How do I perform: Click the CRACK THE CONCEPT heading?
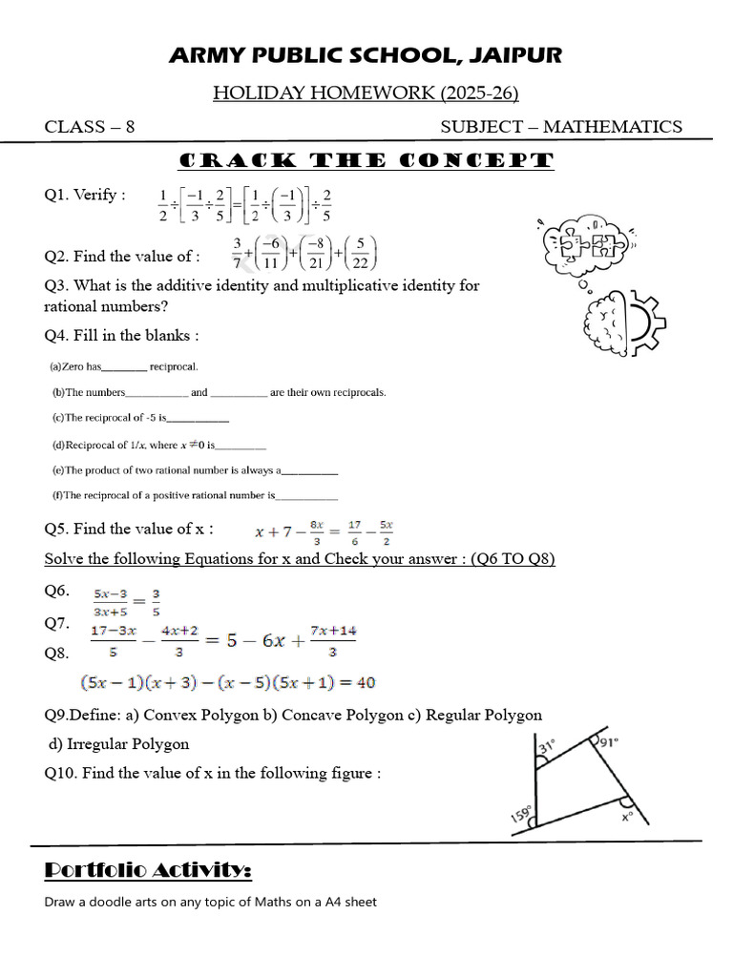point(366,160)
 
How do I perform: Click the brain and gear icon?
point(616,324)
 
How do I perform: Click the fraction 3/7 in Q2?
point(239,254)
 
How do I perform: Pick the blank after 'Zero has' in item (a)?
point(124,366)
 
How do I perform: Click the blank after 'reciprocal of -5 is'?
point(199,418)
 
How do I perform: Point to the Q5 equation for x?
point(325,530)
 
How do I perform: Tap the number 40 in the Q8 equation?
point(366,682)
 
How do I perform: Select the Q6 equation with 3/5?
point(126,602)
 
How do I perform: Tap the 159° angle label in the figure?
point(521,815)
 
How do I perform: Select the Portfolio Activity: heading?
point(148,870)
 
